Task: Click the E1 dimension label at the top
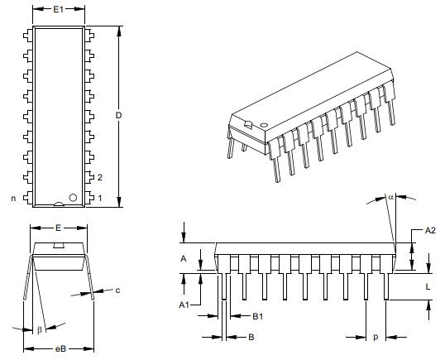59,10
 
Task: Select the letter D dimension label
119,115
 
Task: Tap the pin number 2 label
99,177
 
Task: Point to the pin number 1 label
99,198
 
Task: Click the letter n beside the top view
12,198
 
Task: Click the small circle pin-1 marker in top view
74,197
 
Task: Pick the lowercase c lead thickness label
117,290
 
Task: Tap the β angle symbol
38,330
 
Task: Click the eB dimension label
60,351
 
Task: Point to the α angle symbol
391,197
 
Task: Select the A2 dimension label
429,230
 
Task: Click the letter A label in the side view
184,258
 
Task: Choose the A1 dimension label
184,305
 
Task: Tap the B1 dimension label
256,315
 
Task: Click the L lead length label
427,286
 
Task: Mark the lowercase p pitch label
376,337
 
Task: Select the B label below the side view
251,337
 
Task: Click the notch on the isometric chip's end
247,126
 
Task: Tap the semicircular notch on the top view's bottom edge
59,203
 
